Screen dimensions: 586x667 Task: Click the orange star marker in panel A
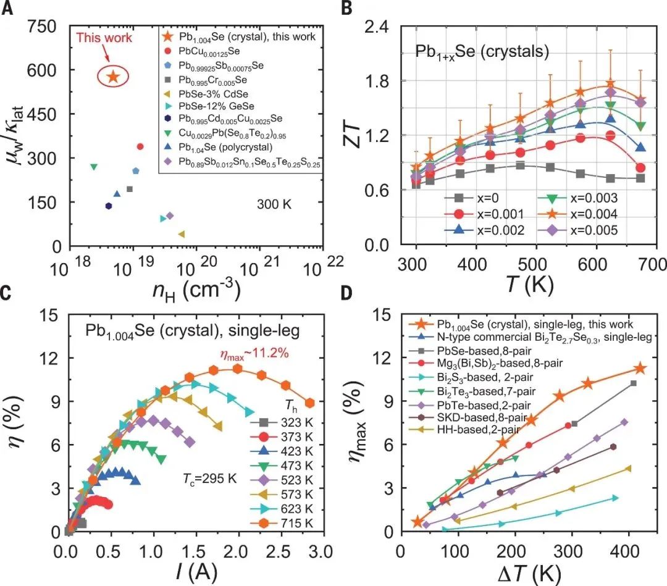click(x=113, y=77)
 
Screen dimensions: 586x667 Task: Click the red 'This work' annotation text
click(x=104, y=38)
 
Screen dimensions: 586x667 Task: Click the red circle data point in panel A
click(x=140, y=146)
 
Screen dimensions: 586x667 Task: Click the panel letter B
click(x=347, y=8)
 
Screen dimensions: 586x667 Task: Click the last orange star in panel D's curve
click(x=639, y=369)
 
